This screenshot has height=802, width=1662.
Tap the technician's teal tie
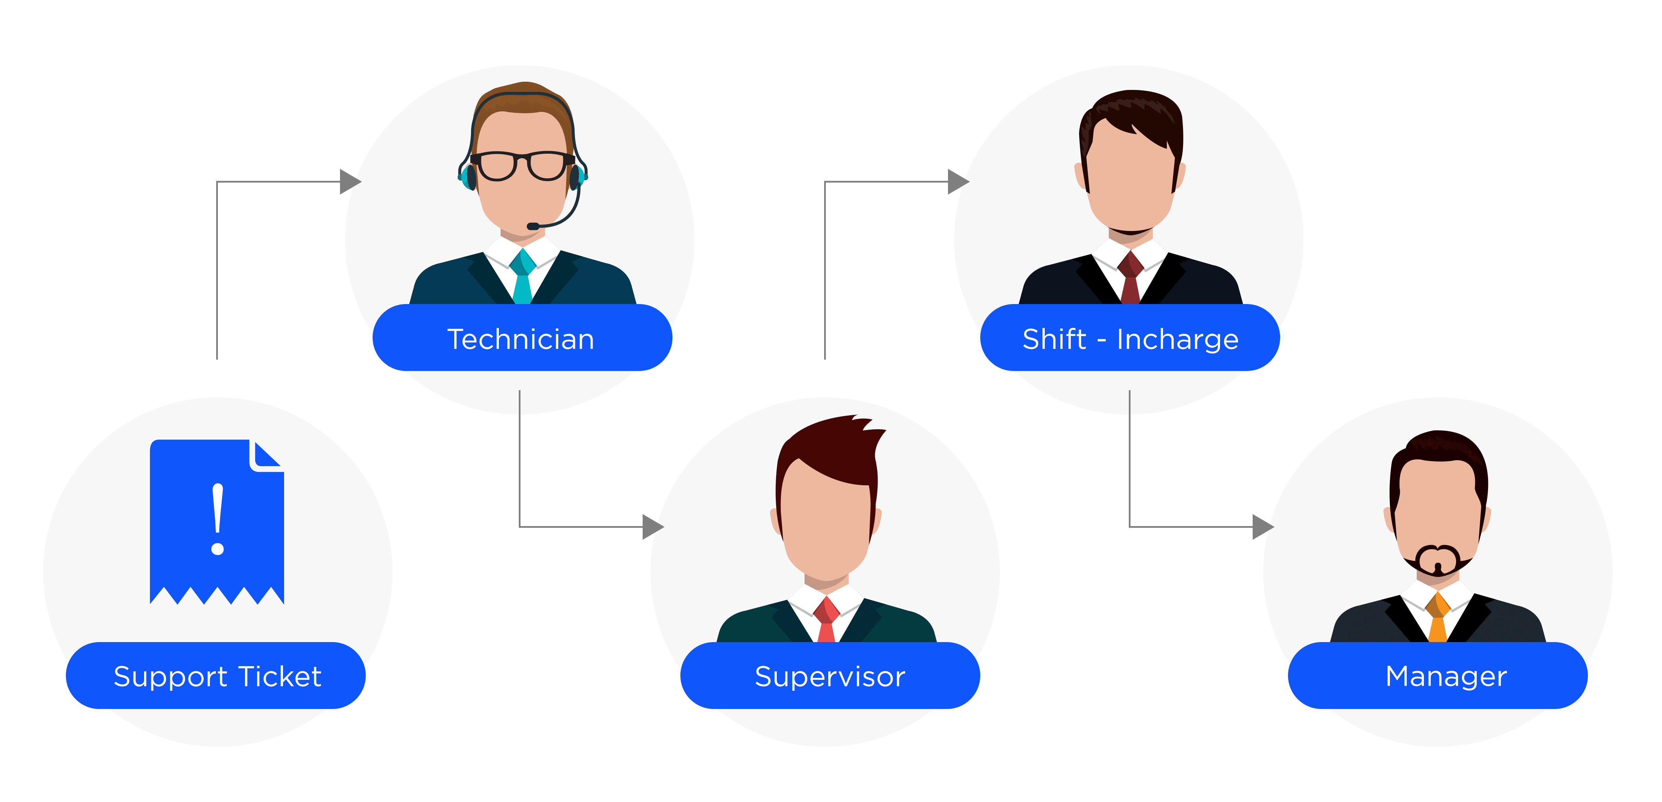pos(523,277)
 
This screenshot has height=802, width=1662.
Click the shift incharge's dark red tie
pos(1131,277)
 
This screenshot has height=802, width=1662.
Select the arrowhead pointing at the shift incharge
pos(958,182)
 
